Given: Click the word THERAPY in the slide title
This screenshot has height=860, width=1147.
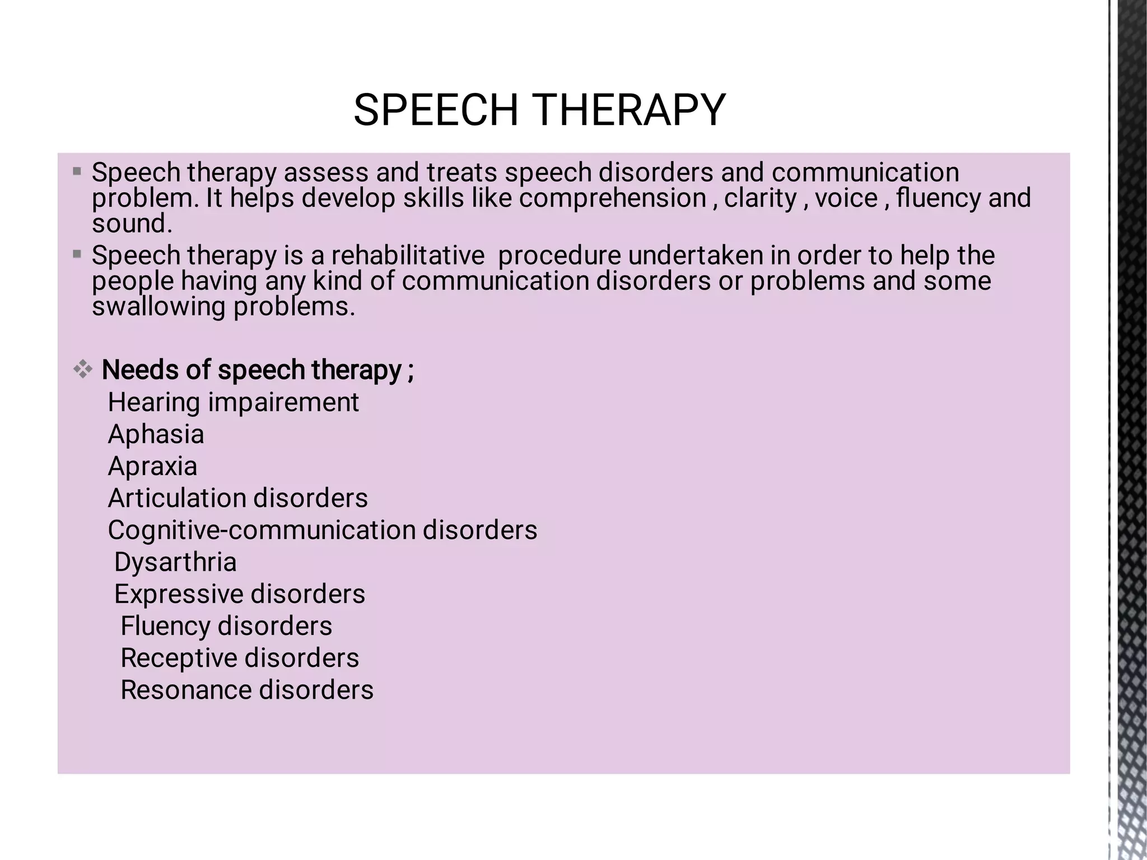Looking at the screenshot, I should pos(628,110).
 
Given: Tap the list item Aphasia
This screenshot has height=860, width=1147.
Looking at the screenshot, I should pos(156,434).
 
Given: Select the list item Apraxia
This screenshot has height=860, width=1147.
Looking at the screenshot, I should pos(152,466).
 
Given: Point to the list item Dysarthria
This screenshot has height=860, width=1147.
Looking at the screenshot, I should pos(175,562).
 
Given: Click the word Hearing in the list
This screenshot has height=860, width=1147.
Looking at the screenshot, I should pos(153,402).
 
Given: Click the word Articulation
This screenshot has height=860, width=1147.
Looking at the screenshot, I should pos(177,498).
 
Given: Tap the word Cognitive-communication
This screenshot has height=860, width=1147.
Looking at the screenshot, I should pos(262,530).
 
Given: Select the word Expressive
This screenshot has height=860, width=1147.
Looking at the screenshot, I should pos(178,594).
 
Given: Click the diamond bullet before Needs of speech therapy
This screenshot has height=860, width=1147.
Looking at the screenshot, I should pos(83,369).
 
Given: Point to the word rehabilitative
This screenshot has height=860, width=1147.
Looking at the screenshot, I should pos(408,255).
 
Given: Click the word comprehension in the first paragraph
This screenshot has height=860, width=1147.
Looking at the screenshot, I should pos(613,198).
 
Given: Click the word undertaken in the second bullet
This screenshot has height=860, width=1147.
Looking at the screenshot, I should pos(696,255).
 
